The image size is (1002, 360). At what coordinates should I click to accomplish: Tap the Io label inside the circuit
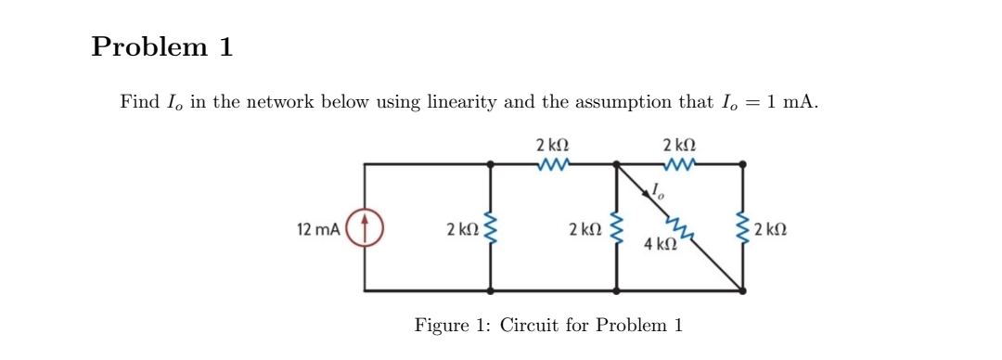[658, 192]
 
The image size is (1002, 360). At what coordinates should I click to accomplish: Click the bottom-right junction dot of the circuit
[742, 290]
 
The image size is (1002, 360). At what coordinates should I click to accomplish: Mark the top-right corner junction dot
[742, 164]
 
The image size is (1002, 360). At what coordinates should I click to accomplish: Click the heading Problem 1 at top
[161, 47]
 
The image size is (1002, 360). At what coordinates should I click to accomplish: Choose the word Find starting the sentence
[139, 102]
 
